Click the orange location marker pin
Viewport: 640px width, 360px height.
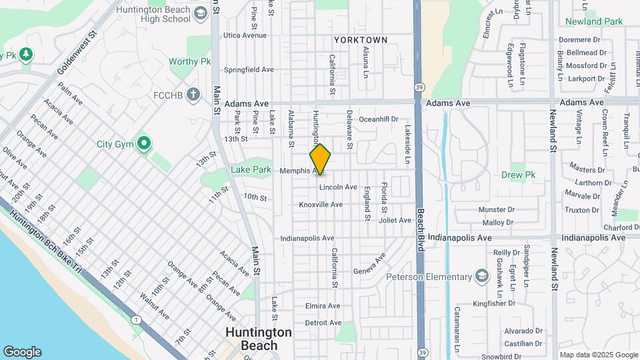[320, 159]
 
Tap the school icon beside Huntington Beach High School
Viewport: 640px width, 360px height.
[200, 15]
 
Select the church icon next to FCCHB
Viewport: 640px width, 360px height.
[193, 95]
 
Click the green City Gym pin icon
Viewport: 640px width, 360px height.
[143, 143]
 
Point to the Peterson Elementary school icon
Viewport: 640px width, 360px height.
[481, 277]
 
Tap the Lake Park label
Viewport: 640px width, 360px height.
[251, 170]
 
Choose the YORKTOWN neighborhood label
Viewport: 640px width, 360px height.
[361, 40]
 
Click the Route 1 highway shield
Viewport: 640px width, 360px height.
[136, 321]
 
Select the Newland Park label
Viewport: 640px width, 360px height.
[593, 21]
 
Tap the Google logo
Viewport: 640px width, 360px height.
[22, 352]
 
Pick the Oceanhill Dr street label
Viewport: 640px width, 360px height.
[378, 119]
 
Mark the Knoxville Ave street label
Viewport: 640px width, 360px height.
[321, 205]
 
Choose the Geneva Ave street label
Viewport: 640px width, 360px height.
[371, 264]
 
